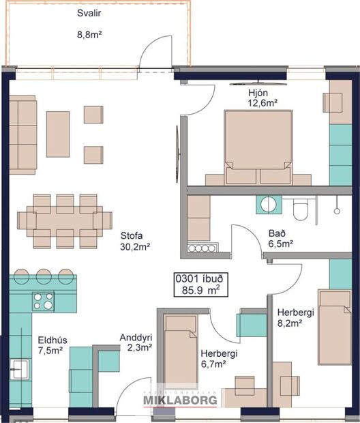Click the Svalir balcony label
pos(87,13)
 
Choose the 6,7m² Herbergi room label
pos(218,354)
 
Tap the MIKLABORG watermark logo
pos(180,400)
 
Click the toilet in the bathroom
pos(301,209)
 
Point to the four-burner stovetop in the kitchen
pos(44,300)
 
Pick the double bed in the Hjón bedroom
pos(258,145)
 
